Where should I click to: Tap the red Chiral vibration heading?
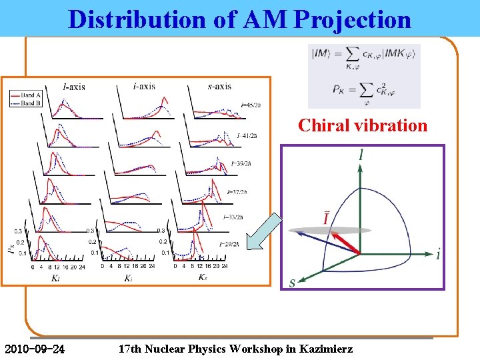point(363,125)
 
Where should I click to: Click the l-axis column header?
point(73,87)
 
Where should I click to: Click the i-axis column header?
point(144,87)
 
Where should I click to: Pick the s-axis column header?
point(219,87)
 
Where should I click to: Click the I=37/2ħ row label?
point(237,192)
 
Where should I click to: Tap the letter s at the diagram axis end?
point(292,283)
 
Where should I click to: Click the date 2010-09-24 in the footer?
point(35,349)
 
